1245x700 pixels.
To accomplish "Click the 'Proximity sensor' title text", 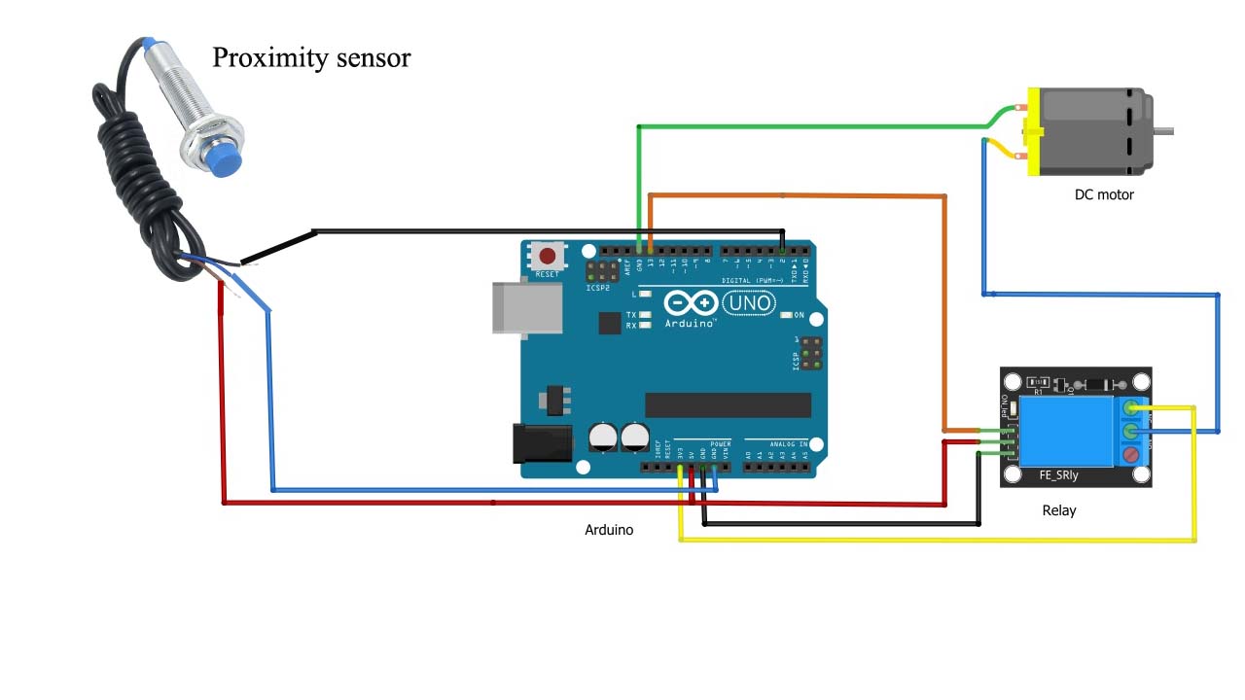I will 311,58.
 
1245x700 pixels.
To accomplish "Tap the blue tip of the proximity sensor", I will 227,162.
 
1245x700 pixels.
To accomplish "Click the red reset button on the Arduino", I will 548,257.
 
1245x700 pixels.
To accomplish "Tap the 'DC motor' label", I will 1104,194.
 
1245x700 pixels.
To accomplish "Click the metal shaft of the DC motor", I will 1163,131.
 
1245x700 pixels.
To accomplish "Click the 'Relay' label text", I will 1059,510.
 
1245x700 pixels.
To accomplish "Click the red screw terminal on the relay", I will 1131,454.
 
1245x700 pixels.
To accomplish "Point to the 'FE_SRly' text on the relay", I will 1059,476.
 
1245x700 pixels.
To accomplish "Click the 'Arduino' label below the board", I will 609,530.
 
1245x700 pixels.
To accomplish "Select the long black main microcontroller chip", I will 728,405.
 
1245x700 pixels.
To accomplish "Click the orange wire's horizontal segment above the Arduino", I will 798,196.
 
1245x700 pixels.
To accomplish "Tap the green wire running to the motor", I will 807,126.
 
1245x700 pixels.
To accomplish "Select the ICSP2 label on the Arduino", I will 598,288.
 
